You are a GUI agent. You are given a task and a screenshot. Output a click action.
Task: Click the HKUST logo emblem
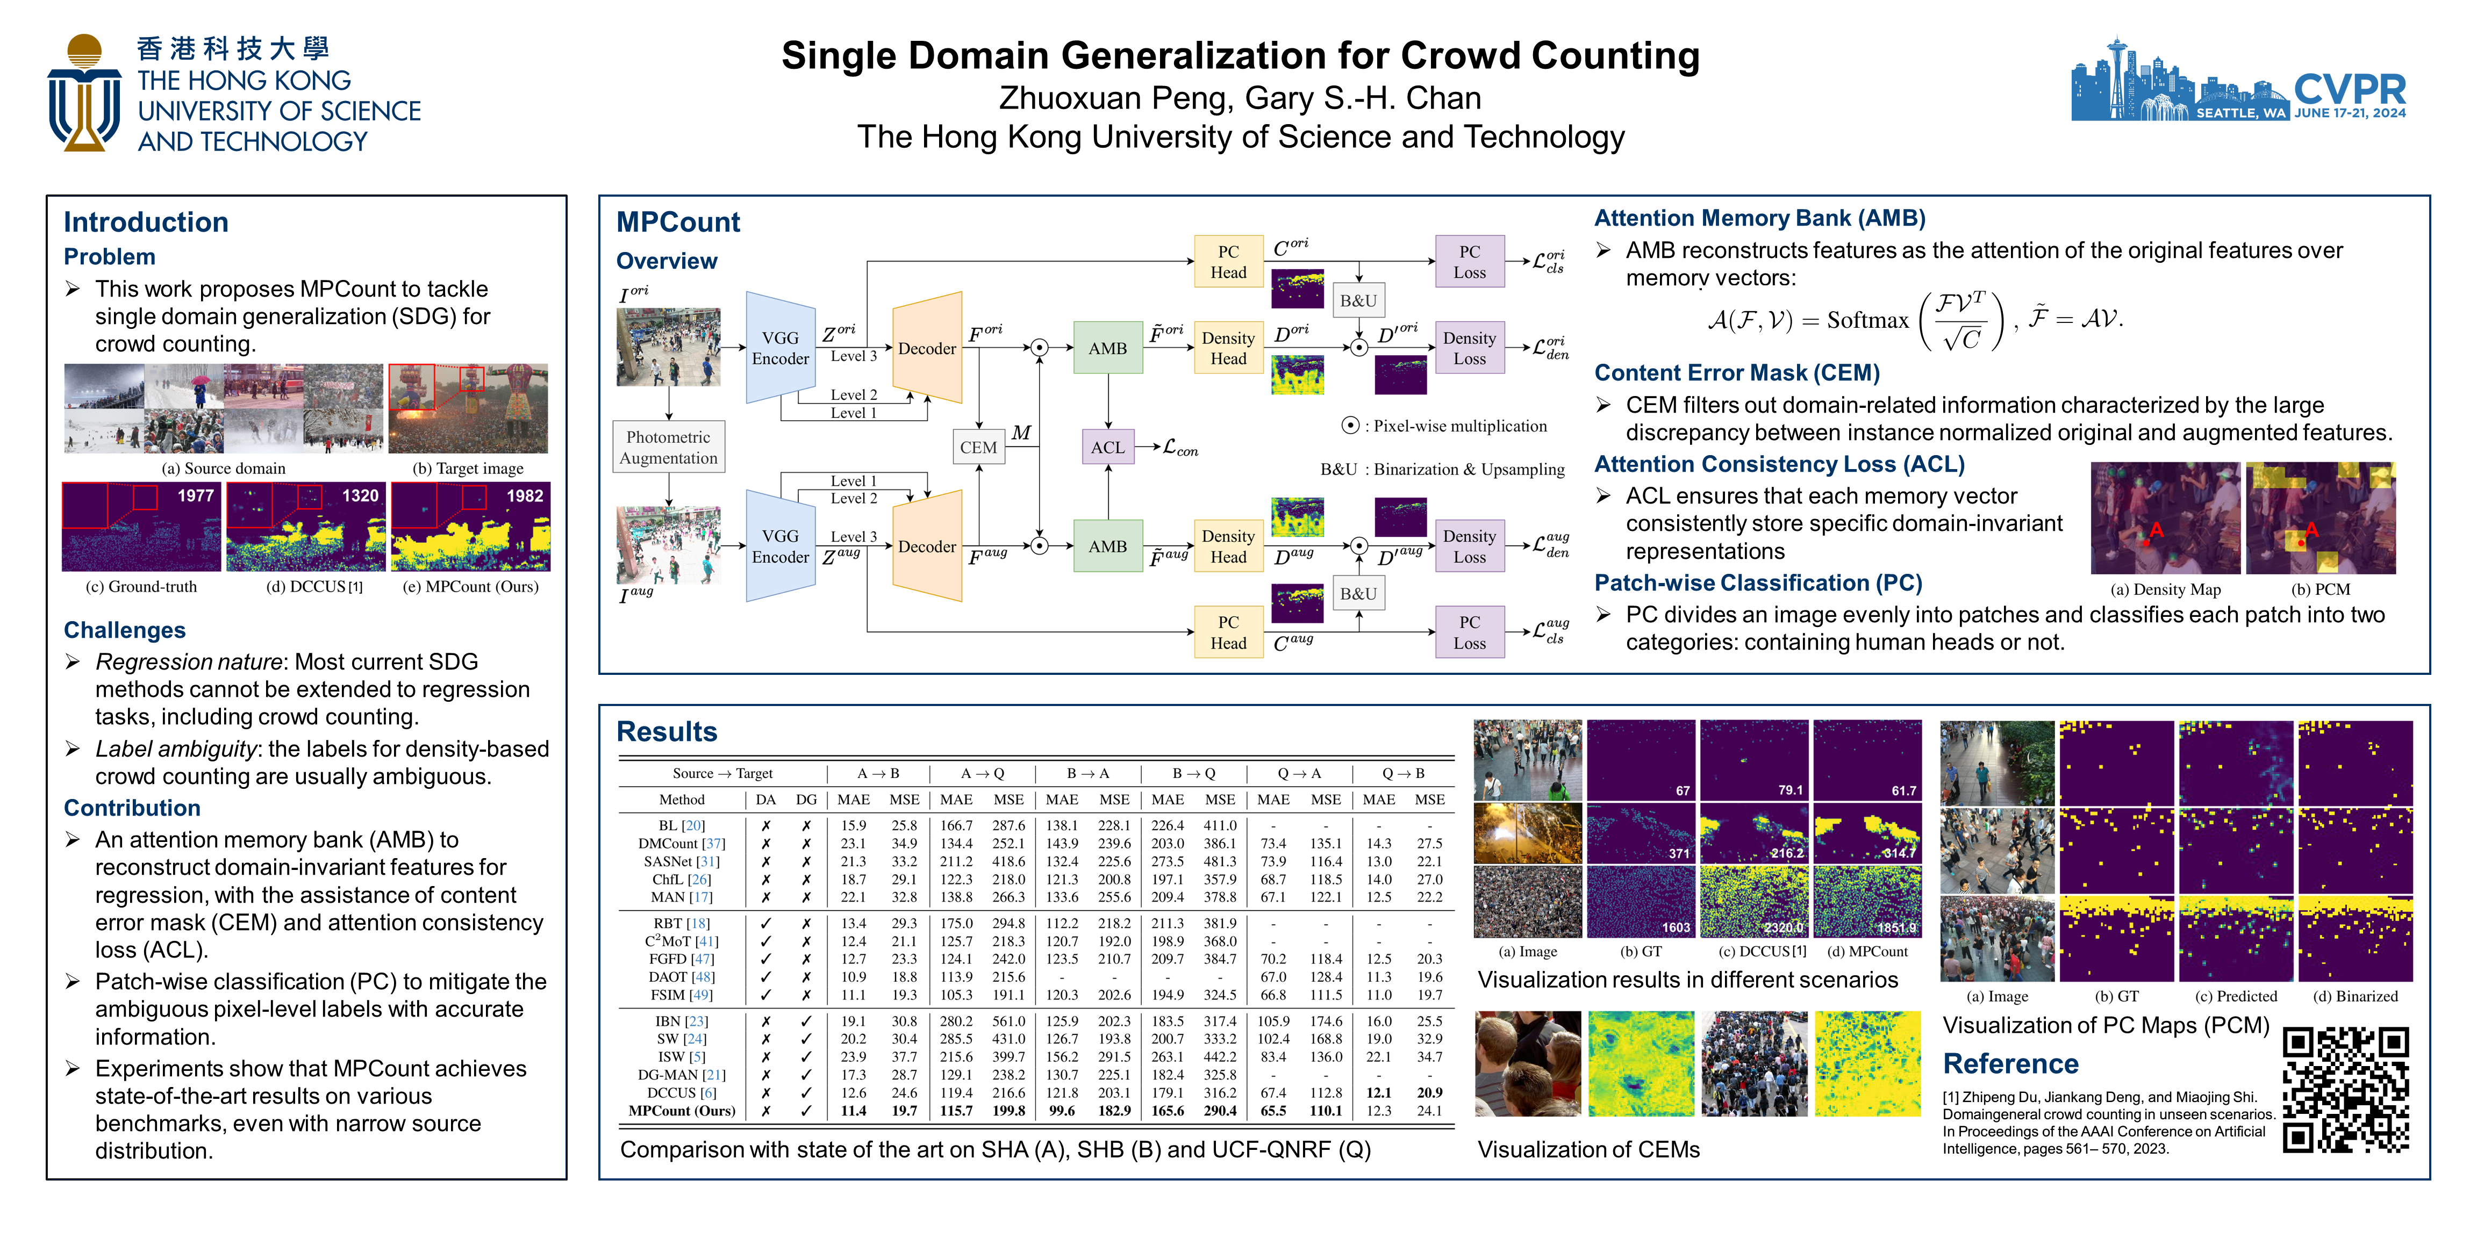click(84, 93)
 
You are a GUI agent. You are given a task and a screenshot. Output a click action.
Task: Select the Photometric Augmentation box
click(668, 447)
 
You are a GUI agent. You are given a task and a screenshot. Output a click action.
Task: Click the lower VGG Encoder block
click(780, 546)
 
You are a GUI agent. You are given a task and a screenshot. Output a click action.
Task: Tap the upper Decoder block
click(927, 348)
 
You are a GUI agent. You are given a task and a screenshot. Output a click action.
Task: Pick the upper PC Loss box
click(1469, 262)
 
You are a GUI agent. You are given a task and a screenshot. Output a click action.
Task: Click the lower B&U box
click(1358, 593)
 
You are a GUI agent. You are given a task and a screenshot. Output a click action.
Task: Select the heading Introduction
click(146, 222)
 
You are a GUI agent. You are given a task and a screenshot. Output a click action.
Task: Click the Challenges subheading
click(125, 630)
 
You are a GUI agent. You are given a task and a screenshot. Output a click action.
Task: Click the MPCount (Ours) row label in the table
click(682, 1110)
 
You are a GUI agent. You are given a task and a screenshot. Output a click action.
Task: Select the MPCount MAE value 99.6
click(1062, 1110)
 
